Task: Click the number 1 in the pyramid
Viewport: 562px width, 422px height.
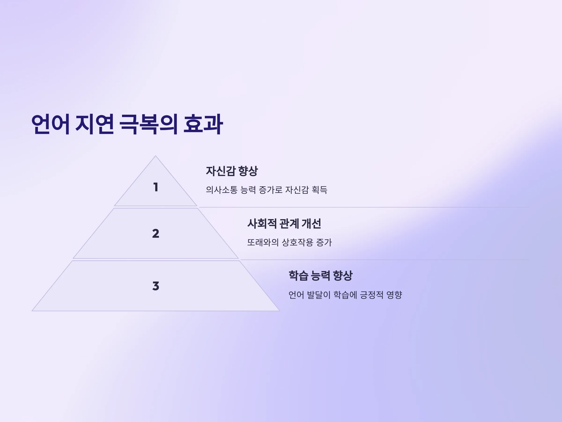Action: [156, 187]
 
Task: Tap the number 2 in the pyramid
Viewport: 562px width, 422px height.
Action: [156, 234]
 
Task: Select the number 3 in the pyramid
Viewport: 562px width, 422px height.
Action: [156, 286]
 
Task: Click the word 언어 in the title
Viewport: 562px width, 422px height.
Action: [50, 124]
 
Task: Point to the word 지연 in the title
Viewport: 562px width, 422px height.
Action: [95, 124]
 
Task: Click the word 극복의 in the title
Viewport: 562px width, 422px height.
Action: [148, 124]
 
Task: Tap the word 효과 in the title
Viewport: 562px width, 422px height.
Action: [203, 124]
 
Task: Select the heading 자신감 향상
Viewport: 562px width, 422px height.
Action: [232, 171]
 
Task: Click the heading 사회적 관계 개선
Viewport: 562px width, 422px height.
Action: [284, 224]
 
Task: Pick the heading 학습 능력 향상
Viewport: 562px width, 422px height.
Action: [320, 276]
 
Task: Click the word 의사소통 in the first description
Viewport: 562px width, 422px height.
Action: [222, 190]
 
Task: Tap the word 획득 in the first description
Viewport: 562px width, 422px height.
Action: [319, 190]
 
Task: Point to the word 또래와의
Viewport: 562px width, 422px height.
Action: [263, 242]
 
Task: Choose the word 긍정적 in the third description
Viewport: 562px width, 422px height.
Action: [372, 295]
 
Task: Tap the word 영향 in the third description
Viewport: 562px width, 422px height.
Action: [394, 295]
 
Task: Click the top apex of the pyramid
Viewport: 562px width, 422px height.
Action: [155, 156]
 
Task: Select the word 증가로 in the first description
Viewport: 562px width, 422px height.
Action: [270, 190]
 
